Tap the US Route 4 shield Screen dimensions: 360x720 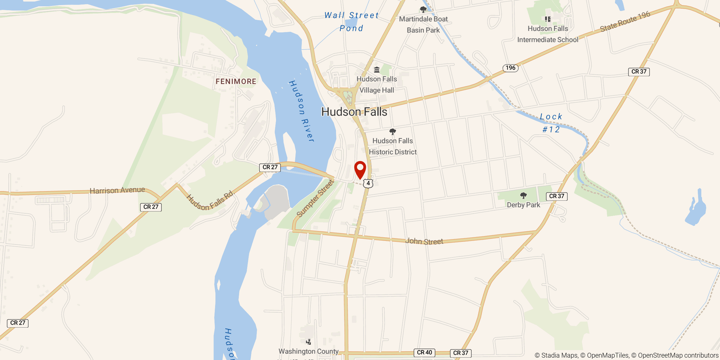click(x=368, y=183)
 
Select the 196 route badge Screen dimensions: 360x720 click(x=510, y=68)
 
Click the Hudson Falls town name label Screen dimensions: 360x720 click(x=354, y=112)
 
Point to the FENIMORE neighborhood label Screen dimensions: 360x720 click(x=236, y=81)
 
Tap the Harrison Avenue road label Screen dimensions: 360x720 click(x=117, y=190)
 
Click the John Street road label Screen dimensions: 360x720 click(x=424, y=241)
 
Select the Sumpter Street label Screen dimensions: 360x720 click(x=315, y=198)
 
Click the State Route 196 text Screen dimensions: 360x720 click(x=625, y=22)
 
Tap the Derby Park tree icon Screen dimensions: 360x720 click(x=523, y=196)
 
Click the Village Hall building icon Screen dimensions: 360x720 click(x=377, y=70)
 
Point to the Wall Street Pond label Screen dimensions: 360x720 click(x=352, y=22)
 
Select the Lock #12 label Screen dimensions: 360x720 click(x=551, y=123)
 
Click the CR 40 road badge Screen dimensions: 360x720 click(x=424, y=352)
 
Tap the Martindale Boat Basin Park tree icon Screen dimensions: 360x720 click(x=423, y=10)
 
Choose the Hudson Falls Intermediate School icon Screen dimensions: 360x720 click(x=548, y=19)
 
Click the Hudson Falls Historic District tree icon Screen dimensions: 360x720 click(x=392, y=131)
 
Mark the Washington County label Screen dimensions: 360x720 click(x=308, y=351)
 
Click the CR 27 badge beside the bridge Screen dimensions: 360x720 click(x=270, y=167)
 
